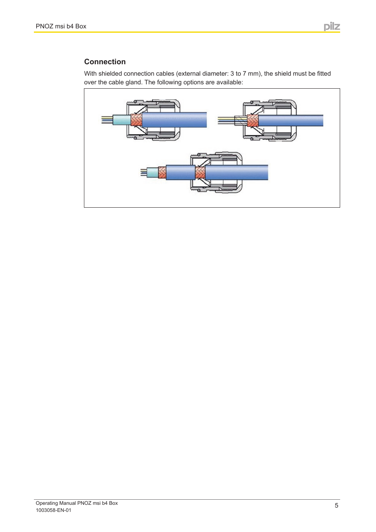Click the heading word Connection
[105, 62]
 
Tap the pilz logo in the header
[332, 26]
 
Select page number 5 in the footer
[336, 506]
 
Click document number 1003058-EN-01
[54, 510]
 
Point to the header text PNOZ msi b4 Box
[61, 26]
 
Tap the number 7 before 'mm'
[244, 74]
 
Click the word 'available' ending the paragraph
[229, 82]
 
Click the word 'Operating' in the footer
[47, 503]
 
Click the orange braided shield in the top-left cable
[136, 120]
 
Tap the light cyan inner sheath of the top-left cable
[121, 120]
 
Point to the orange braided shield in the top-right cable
[253, 121]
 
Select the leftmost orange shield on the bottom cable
[162, 173]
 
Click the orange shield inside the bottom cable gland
[200, 173]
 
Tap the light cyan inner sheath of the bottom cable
[153, 173]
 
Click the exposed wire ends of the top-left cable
[107, 120]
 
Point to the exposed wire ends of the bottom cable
[143, 172]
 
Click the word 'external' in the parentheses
[190, 74]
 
